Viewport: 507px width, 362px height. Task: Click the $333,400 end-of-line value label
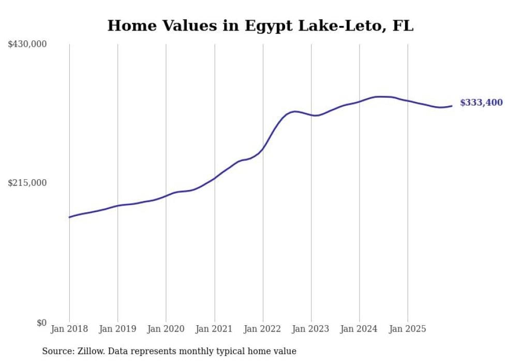481,103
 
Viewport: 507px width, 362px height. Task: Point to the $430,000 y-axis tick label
27,45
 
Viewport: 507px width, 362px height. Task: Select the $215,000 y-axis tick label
27,183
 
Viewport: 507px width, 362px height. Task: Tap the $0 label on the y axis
41,323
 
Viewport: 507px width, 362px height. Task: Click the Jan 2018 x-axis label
69,329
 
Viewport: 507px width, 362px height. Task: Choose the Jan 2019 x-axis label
117,329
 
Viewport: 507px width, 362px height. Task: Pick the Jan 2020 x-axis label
166,329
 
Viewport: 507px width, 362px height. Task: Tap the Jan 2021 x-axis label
214,329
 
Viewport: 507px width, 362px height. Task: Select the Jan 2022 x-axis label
263,329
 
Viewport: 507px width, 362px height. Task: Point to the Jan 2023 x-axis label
311,329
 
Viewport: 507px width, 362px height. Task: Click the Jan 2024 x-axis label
360,329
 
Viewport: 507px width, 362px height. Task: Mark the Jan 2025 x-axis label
408,329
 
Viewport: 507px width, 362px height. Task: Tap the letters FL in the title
403,25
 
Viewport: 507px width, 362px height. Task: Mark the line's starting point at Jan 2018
69,217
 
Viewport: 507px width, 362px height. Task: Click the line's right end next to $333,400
452,106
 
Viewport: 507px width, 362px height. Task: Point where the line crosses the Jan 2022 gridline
263,148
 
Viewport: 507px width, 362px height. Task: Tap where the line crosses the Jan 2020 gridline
166,196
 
